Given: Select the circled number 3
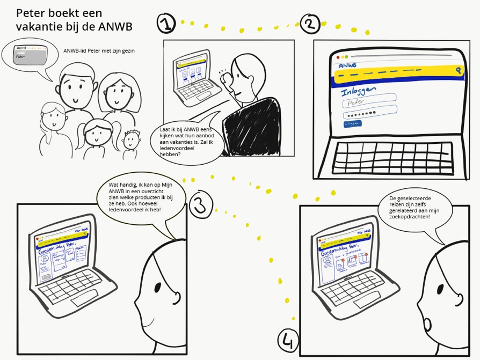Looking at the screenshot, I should click(x=200, y=204).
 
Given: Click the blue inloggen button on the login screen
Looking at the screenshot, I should click(x=353, y=124).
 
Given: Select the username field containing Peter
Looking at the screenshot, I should click(x=369, y=100).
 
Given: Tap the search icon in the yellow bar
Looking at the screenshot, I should click(x=457, y=70).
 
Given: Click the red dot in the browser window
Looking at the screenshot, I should click(x=338, y=57).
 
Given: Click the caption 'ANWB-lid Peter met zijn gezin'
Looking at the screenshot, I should click(x=98, y=51).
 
